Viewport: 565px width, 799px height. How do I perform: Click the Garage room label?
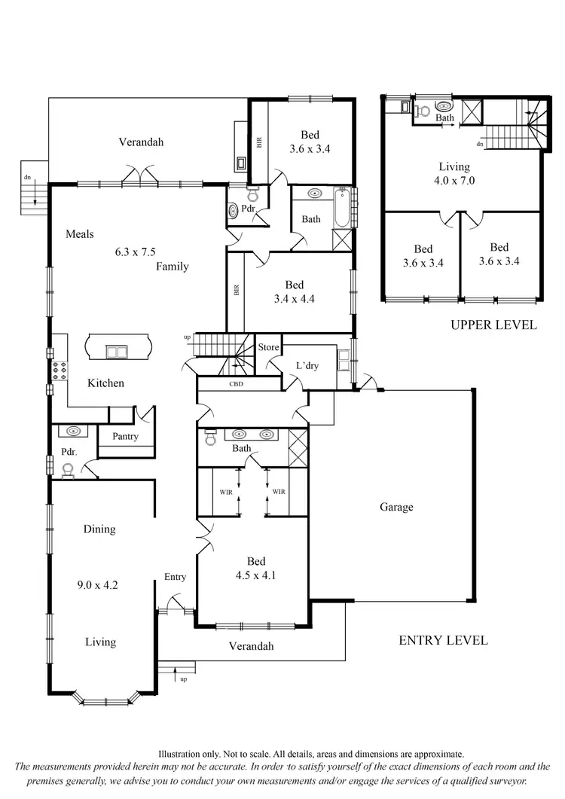(396, 507)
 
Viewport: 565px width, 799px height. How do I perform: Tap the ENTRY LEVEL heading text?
(443, 640)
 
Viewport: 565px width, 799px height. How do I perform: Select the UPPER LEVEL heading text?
(493, 325)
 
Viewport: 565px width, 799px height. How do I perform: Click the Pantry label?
(125, 436)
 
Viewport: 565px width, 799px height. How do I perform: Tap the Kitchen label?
(105, 383)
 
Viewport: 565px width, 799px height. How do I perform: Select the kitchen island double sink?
(116, 350)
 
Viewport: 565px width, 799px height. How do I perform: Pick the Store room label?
(268, 348)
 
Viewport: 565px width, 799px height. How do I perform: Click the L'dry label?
(306, 365)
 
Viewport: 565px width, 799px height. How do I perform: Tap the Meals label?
(79, 233)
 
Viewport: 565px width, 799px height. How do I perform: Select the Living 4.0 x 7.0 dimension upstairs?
(454, 181)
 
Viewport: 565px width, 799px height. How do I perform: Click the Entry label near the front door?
(175, 577)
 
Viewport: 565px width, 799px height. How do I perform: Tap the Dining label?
(99, 529)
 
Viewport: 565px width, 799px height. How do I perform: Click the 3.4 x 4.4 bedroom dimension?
(294, 299)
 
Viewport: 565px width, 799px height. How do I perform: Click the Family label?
(173, 266)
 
